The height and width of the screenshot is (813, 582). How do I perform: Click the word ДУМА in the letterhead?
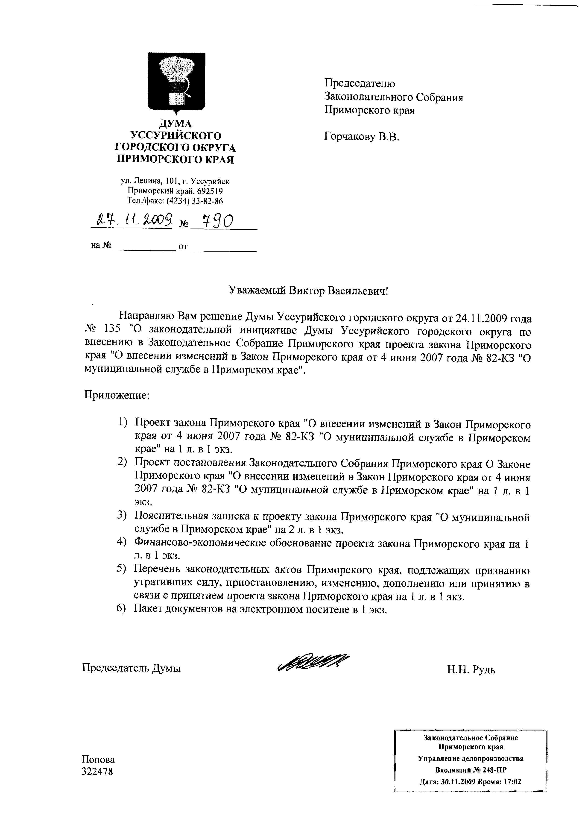pos(175,124)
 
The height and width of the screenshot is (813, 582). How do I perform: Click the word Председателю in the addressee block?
pos(360,84)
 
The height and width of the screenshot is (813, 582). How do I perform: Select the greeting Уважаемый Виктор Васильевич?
pos(308,290)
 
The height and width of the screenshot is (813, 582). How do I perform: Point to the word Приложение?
pos(117,395)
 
